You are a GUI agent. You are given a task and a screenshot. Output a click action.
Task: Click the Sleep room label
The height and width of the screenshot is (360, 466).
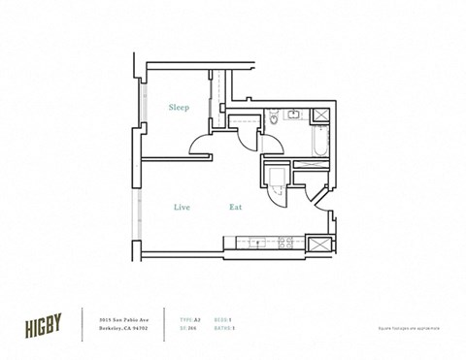coord(179,108)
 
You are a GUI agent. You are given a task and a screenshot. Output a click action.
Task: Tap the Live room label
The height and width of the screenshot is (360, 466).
coord(182,207)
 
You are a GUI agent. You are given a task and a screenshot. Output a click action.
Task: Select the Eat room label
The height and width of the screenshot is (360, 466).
coord(235,207)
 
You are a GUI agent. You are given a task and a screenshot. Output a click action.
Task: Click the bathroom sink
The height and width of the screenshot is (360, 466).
coord(291,116)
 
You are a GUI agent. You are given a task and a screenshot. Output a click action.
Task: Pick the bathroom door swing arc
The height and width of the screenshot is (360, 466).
coord(271,142)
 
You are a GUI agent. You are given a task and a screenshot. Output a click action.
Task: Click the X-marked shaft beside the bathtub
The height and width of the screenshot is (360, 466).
coord(317,115)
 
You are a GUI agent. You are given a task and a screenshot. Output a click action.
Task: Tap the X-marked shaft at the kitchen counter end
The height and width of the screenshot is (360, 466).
coord(317,243)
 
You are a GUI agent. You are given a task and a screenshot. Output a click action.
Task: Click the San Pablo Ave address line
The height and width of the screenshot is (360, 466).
coord(123,319)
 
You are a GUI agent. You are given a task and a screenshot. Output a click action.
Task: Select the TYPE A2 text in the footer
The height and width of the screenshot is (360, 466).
coord(192,319)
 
